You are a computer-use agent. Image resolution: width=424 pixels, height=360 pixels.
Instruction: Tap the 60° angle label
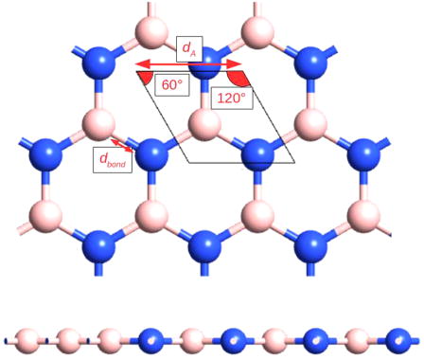[x=171, y=84]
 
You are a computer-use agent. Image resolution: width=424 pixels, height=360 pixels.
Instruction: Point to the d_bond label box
[x=112, y=160]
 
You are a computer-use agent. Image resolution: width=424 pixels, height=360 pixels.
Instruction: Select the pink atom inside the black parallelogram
[x=199, y=123]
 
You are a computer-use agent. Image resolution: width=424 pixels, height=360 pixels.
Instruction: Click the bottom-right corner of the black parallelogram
[x=295, y=162]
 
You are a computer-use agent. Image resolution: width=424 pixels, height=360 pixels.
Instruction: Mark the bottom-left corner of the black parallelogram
[x=188, y=162]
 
